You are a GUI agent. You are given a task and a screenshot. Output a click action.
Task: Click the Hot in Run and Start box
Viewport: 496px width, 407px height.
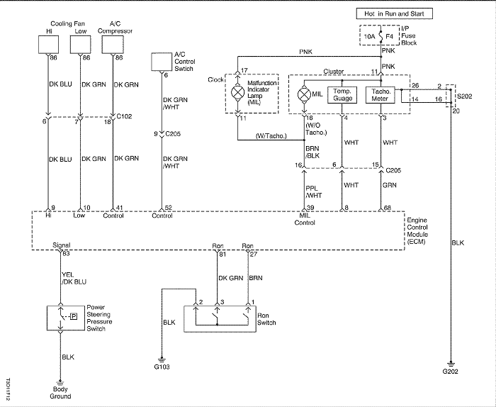point(394,13)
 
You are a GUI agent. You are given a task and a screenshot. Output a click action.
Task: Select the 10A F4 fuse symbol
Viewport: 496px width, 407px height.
point(381,36)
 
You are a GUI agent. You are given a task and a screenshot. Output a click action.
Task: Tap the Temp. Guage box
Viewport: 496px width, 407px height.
point(342,94)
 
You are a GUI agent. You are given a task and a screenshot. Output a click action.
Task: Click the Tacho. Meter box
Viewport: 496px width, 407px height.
point(381,94)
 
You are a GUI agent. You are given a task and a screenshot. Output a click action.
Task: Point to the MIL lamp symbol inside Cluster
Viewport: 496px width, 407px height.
point(304,94)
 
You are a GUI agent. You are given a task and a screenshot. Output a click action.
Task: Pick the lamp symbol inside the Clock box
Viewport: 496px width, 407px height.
point(237,92)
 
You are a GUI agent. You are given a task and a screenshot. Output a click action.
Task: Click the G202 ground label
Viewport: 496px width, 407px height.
point(450,372)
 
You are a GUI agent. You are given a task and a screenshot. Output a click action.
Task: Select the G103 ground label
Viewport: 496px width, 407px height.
point(162,367)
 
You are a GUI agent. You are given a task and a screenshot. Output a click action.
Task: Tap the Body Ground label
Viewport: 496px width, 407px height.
point(60,392)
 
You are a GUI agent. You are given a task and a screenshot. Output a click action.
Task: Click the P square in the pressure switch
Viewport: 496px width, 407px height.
point(74,316)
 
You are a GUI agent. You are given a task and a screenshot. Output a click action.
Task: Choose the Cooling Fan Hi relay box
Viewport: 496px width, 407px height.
point(48,44)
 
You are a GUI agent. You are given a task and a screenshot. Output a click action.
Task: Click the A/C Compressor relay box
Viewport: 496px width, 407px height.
point(112,44)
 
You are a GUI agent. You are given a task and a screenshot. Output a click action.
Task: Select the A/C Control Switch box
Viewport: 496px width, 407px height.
point(162,62)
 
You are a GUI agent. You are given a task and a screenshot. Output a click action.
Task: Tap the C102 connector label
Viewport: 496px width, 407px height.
point(124,116)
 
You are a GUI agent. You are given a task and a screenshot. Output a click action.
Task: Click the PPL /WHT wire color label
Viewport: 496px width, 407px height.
point(313,192)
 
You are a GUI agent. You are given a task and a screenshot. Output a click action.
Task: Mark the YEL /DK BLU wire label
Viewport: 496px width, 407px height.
point(74,278)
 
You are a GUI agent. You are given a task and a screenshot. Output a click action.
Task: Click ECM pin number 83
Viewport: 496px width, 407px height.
point(66,254)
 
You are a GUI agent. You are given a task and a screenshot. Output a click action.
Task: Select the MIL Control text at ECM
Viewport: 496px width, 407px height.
point(305,219)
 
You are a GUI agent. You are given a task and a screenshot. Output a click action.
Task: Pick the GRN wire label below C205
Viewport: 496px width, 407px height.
point(390,185)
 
